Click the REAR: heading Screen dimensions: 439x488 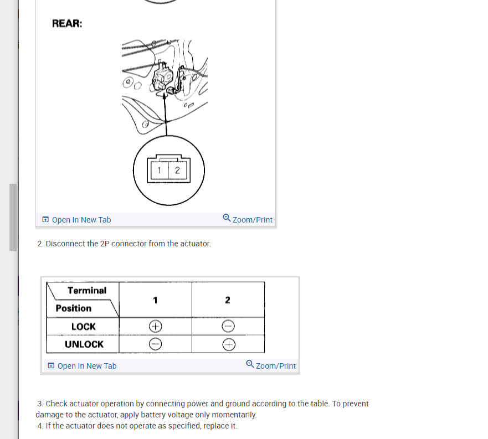click(x=67, y=24)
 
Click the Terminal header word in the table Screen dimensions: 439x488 click(x=87, y=291)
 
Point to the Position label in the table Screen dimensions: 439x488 click(x=74, y=308)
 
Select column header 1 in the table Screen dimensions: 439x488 click(x=156, y=300)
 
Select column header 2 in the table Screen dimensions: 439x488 click(x=228, y=300)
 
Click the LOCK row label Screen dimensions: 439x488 click(x=84, y=327)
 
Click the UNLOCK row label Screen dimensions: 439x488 click(x=84, y=344)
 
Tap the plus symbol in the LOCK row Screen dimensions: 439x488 click(x=156, y=326)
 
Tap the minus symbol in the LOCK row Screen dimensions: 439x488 click(x=228, y=327)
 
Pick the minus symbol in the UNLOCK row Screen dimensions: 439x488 click(x=156, y=344)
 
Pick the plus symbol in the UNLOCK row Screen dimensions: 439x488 click(x=228, y=345)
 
